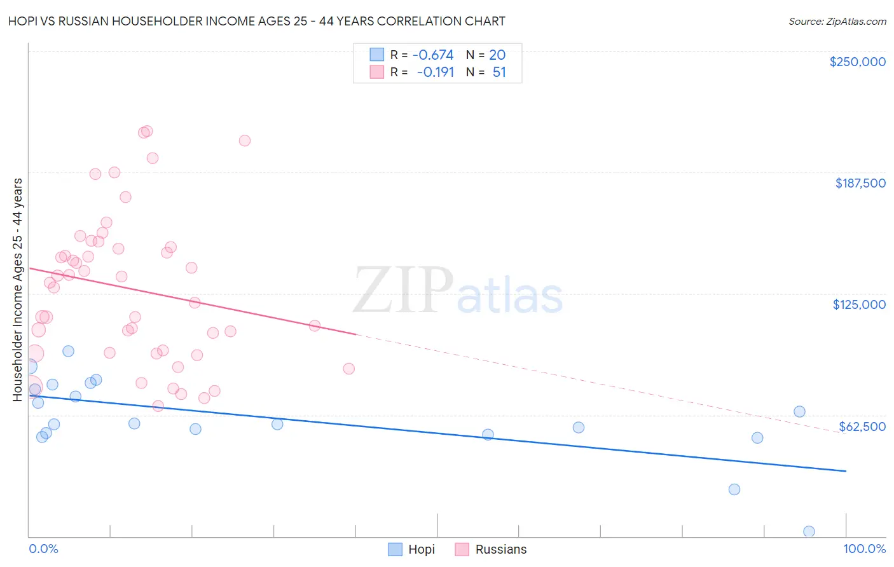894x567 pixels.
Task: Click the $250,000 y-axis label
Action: coord(857,62)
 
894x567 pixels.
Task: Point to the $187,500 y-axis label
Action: coord(860,183)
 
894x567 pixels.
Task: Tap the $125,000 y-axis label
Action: coord(859,304)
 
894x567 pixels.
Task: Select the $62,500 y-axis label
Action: coord(862,427)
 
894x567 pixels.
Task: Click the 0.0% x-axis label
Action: coord(43,549)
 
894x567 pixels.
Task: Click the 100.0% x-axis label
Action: coord(864,549)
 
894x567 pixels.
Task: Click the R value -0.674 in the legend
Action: coord(433,55)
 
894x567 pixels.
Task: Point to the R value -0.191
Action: coord(436,72)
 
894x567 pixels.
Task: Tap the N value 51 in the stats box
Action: coord(499,72)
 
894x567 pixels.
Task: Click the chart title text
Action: coord(257,21)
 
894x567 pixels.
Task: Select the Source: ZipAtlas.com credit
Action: coord(837,22)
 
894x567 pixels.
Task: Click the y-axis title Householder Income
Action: coord(18,289)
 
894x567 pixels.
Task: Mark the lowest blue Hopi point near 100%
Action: coord(809,531)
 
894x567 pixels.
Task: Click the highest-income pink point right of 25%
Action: coord(245,140)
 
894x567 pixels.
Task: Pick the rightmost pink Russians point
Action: coord(348,369)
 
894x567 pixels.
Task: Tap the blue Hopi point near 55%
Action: coord(488,435)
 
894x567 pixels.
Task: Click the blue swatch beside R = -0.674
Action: coord(377,55)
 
